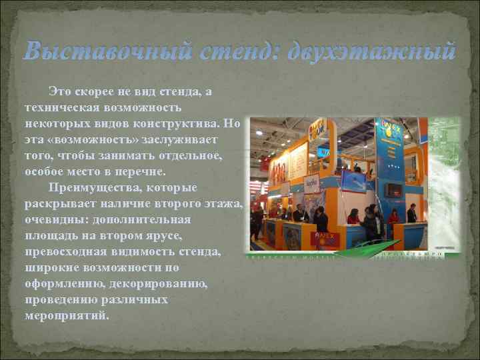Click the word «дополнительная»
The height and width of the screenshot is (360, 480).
tap(137, 219)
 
